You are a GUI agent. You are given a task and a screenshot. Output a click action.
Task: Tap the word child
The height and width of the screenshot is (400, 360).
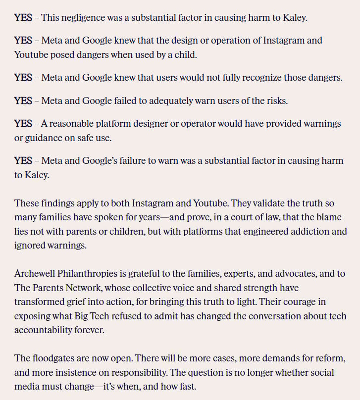186,55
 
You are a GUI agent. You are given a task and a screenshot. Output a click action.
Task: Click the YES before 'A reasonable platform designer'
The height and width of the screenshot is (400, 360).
23,123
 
